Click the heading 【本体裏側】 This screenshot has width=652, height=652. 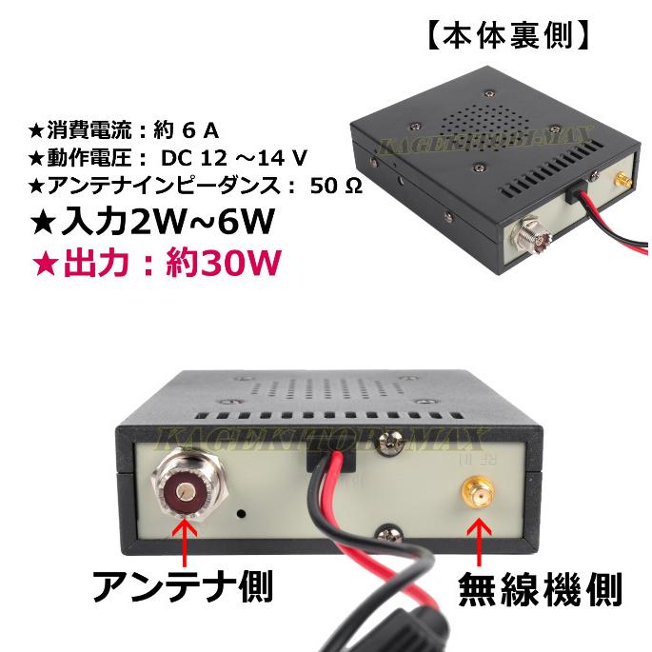507,35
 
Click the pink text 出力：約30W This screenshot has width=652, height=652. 157,263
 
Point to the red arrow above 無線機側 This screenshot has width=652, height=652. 474,543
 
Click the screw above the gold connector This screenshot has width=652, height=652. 389,441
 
